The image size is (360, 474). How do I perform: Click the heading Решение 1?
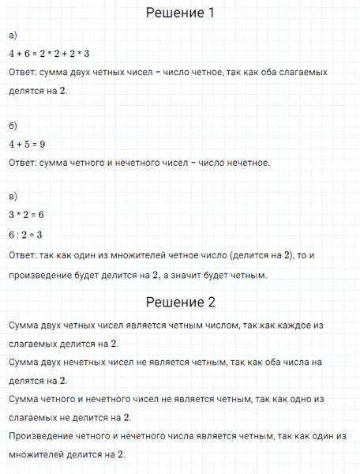pos(181,13)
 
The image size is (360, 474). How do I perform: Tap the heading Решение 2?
pos(181,302)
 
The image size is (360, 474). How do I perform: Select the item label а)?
pos(13,36)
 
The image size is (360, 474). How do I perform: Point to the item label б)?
pos(13,126)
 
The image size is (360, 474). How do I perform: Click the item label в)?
pos(13,196)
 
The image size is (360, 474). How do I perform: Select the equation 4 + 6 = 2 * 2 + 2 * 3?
pos(49,54)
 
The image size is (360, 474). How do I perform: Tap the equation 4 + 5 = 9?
pos(27,144)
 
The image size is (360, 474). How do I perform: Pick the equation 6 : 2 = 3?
pos(25,235)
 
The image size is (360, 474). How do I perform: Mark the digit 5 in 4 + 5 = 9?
pos(27,144)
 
